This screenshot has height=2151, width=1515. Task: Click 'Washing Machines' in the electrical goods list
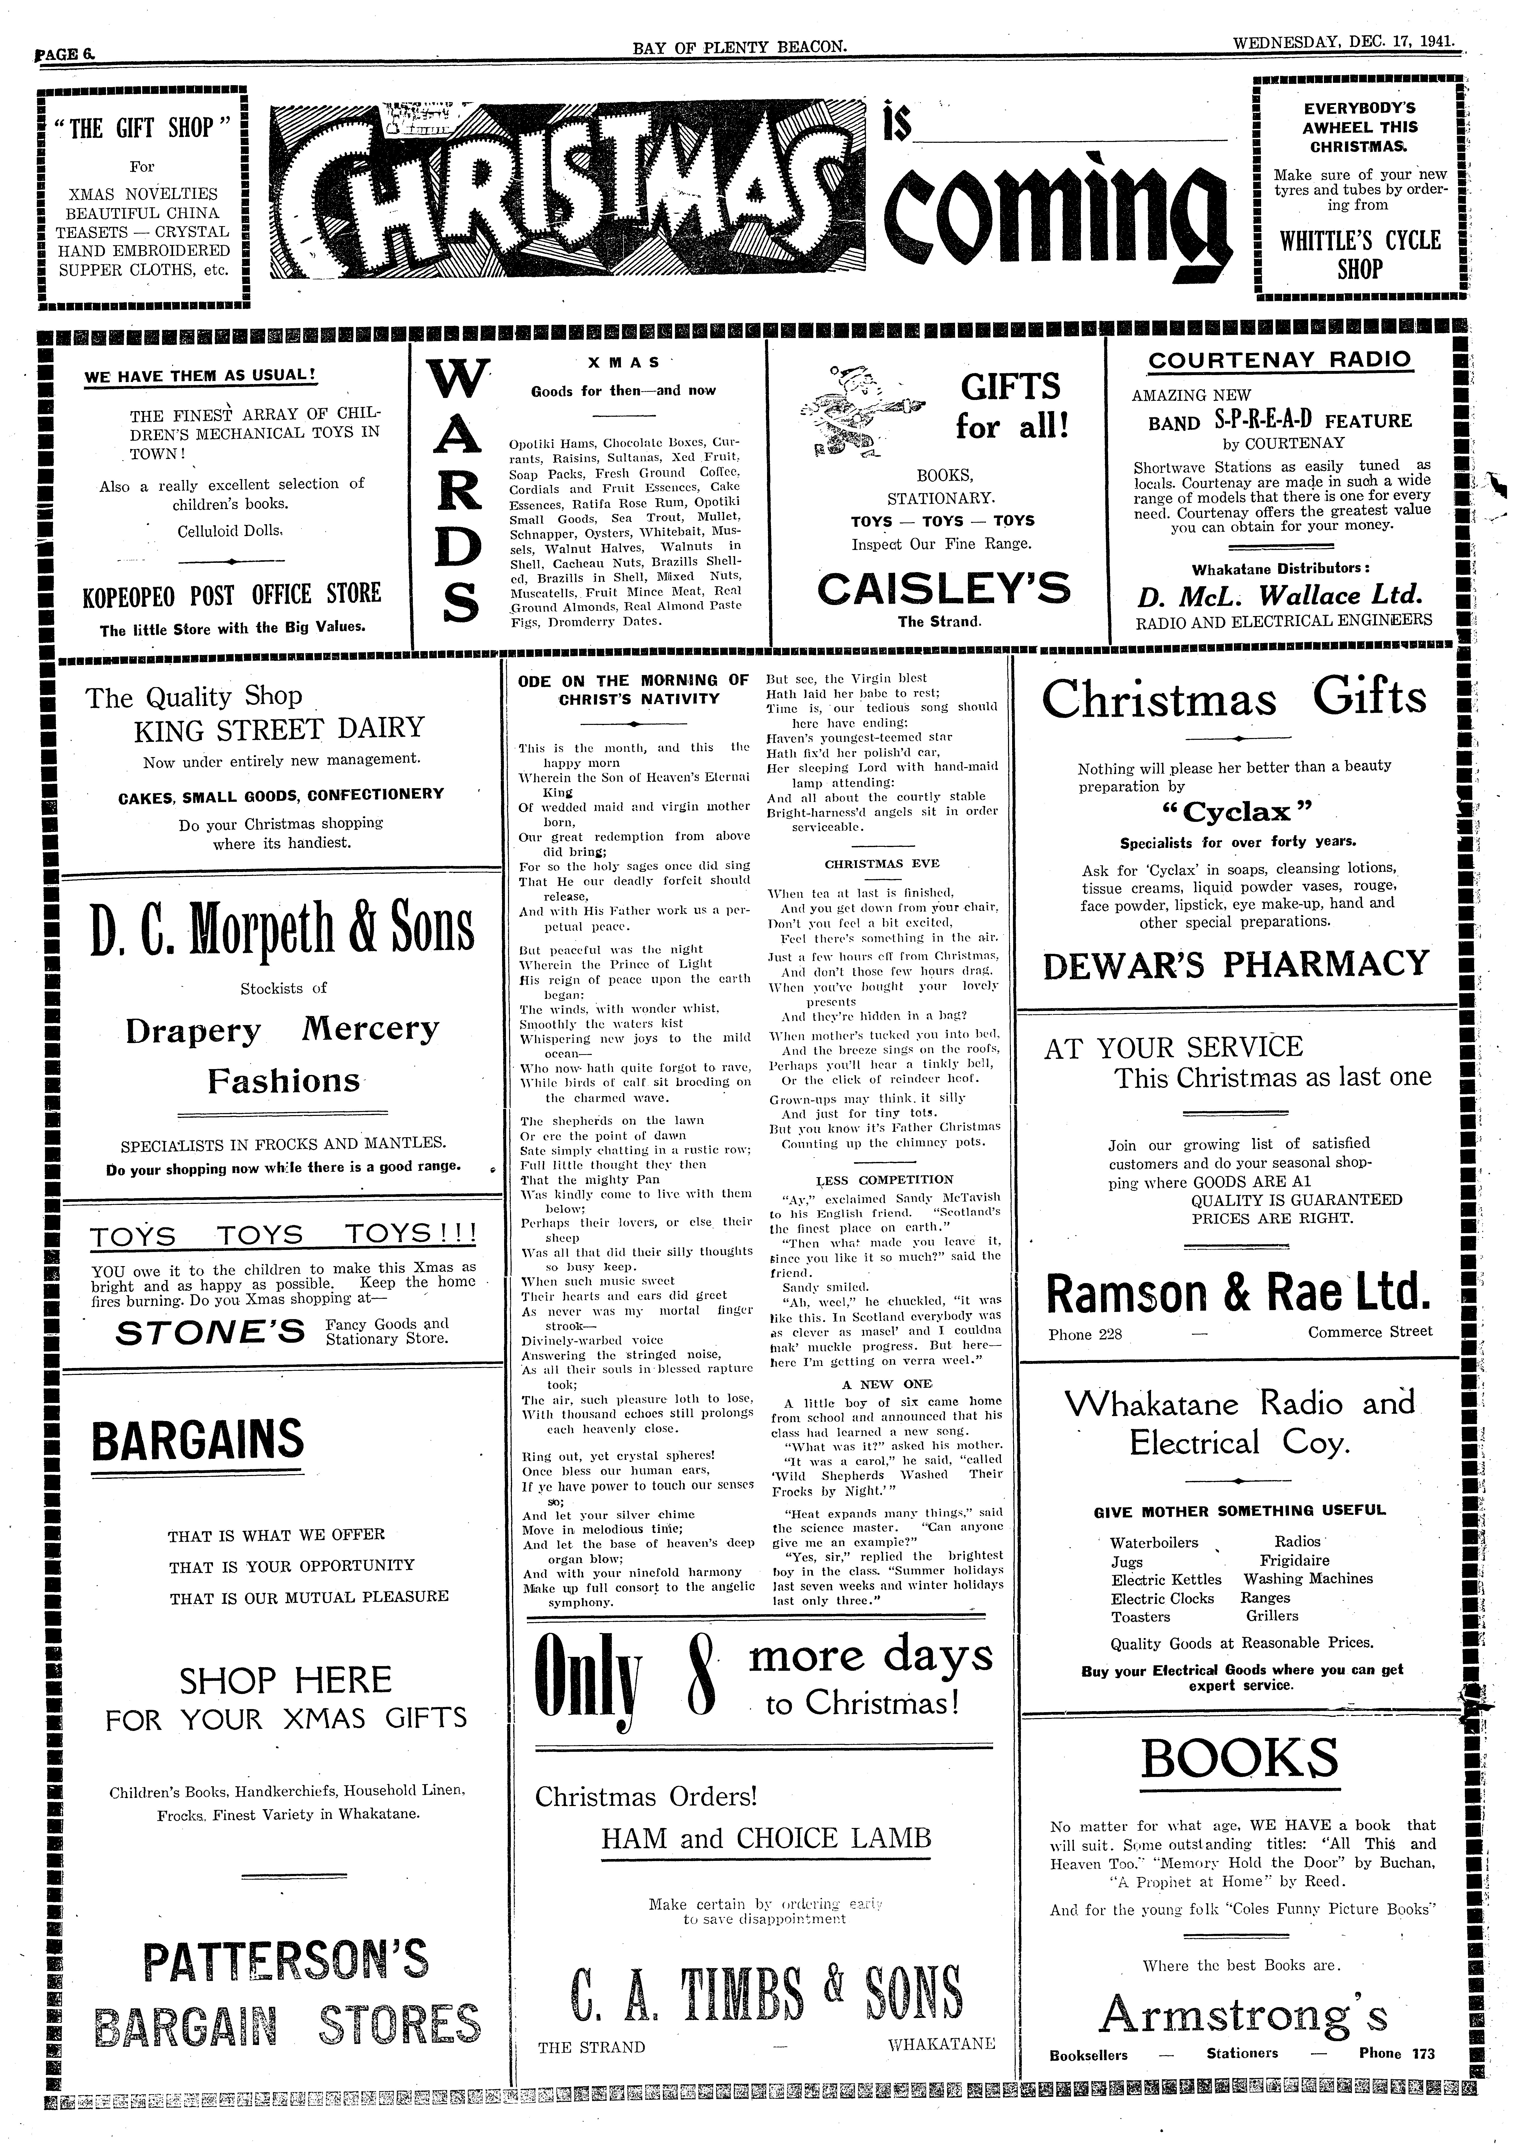click(x=1308, y=1579)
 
